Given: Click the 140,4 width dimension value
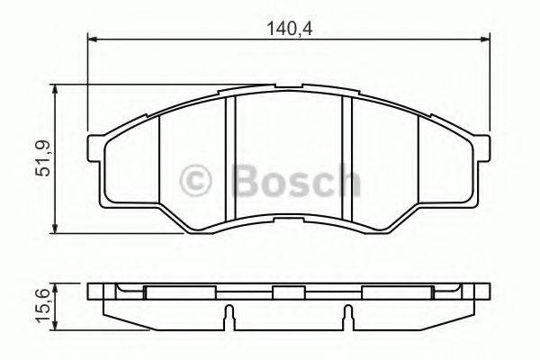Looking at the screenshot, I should pyautogui.click(x=288, y=28).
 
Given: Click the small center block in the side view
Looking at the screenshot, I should pyautogui.click(x=288, y=292).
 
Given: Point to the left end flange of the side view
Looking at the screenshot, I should pyautogui.click(x=101, y=292).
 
